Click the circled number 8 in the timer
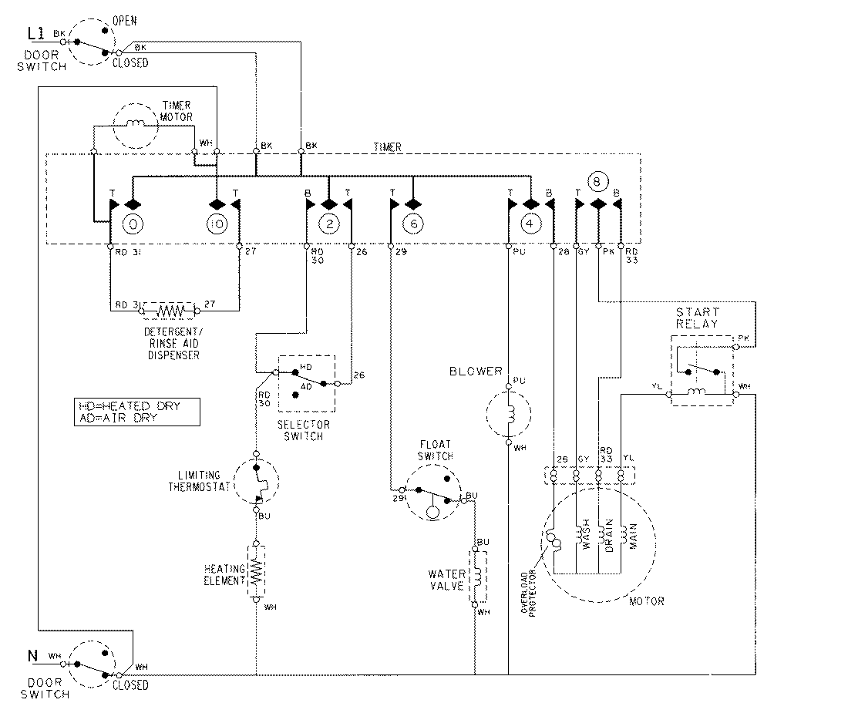tap(597, 182)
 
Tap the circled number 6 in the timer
tap(412, 224)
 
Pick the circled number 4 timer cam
tap(530, 224)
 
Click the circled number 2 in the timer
tap(329, 224)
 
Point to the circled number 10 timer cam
tap(217, 224)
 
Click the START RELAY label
tap(697, 318)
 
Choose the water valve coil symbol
tap(476, 576)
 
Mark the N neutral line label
tap(32, 657)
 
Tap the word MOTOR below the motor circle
tap(646, 601)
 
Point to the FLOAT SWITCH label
tap(436, 450)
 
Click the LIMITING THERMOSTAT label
tap(199, 481)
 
